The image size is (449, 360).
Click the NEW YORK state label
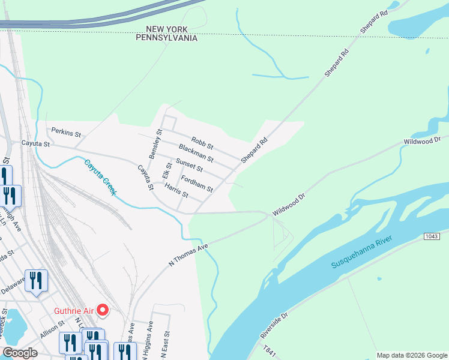click(167, 29)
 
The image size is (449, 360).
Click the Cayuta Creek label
click(100, 177)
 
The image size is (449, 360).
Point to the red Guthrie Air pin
click(103, 310)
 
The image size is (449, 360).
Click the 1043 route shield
click(432, 236)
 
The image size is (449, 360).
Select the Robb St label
click(202, 142)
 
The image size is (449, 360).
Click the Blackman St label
click(196, 152)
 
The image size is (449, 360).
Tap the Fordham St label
click(197, 184)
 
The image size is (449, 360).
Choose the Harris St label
click(176, 191)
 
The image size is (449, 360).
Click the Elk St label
click(166, 170)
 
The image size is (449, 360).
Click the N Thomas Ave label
click(188, 254)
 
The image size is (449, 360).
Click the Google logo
click(20, 353)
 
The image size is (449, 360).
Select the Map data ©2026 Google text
click(412, 355)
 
